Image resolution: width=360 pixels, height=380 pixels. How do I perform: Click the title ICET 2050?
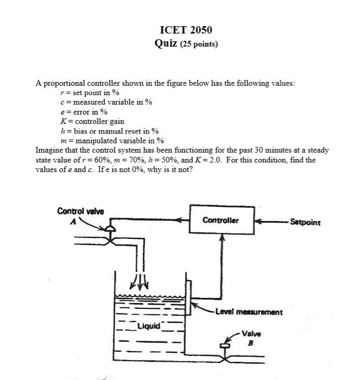point(186,30)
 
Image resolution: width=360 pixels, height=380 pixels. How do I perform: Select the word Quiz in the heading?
point(166,43)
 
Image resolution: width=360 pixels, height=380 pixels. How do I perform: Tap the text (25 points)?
point(199,44)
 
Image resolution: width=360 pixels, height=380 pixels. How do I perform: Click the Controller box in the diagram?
point(222,219)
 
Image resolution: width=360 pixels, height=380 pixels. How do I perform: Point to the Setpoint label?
point(305,222)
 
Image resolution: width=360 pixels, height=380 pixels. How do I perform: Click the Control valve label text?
point(80,211)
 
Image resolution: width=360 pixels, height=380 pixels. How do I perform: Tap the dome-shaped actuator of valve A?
point(110,229)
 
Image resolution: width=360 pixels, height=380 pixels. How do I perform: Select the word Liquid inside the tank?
point(149,326)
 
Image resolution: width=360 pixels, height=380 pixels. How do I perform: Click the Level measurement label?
point(249,312)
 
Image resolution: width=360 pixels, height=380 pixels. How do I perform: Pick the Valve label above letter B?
point(251,334)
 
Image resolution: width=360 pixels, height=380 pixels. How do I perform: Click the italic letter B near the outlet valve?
point(251,343)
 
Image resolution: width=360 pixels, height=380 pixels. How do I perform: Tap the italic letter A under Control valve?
point(73,221)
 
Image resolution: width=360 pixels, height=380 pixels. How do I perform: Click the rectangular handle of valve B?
point(225,346)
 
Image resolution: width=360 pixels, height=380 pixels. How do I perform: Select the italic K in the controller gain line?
point(64,121)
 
